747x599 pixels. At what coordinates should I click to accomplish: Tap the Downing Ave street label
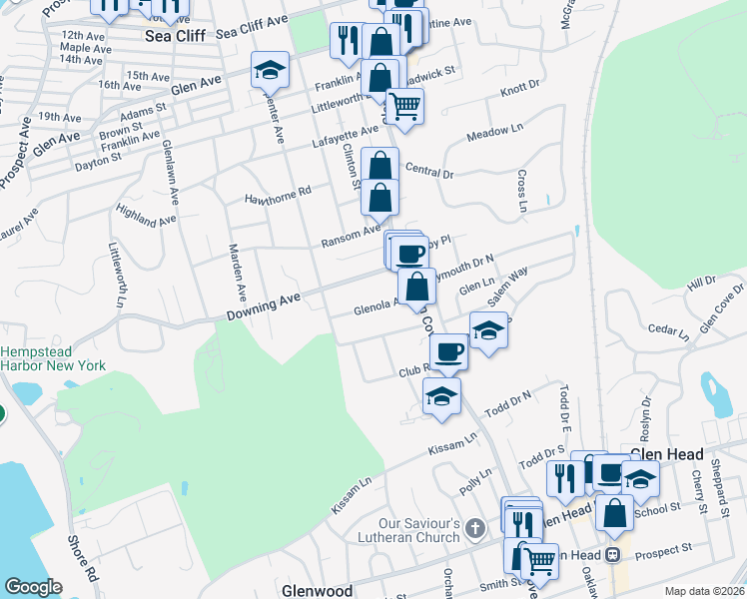point(264,305)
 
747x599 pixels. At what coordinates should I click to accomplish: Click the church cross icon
point(475,526)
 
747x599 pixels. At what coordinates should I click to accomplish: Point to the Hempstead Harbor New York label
point(53,359)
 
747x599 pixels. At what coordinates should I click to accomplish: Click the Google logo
point(33,587)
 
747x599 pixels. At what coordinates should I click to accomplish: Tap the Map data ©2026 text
point(704,591)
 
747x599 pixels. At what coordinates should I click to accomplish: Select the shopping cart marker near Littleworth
point(403,104)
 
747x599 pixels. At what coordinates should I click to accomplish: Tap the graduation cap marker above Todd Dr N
point(441,395)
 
